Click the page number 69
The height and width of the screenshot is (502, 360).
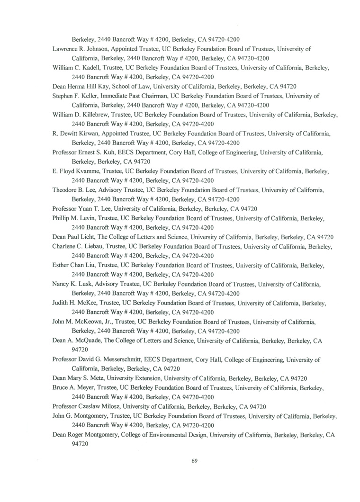coord(194,462)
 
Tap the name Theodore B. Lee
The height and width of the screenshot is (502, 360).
coord(74,189)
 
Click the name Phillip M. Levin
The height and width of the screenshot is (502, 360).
coord(74,218)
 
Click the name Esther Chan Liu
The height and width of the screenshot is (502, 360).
coord(75,265)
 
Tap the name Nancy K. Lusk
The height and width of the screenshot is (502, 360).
coord(72,284)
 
